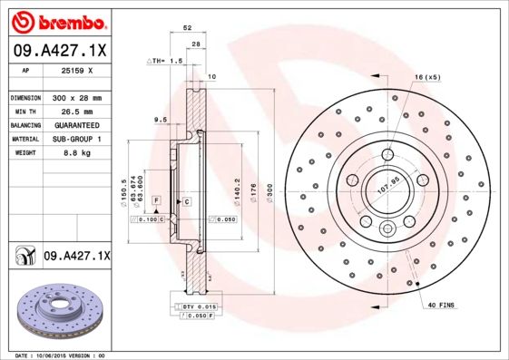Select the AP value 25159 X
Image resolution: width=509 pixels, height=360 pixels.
pos(76,69)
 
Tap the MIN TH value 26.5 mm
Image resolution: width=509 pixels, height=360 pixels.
pos(76,111)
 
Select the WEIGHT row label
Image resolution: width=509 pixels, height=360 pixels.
pos(24,153)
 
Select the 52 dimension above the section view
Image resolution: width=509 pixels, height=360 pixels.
pos(187,29)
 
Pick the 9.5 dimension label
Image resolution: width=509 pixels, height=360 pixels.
pos(160,120)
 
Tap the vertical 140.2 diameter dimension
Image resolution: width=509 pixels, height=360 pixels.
pos(237,188)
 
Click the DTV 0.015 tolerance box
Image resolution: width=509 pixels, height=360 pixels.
pos(199,308)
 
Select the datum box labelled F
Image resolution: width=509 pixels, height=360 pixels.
pos(156,199)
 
